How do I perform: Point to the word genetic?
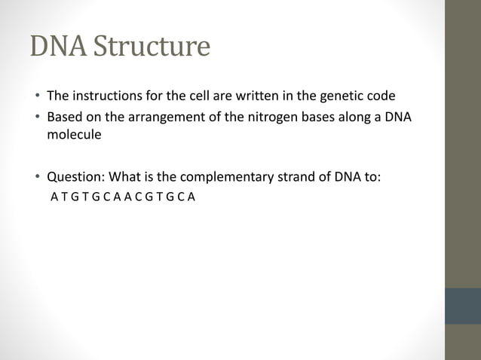coord(342,96)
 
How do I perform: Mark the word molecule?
coord(74,136)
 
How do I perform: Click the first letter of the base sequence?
coord(54,199)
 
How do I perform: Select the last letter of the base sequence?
coord(192,199)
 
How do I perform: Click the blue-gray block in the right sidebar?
coord(462,306)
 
